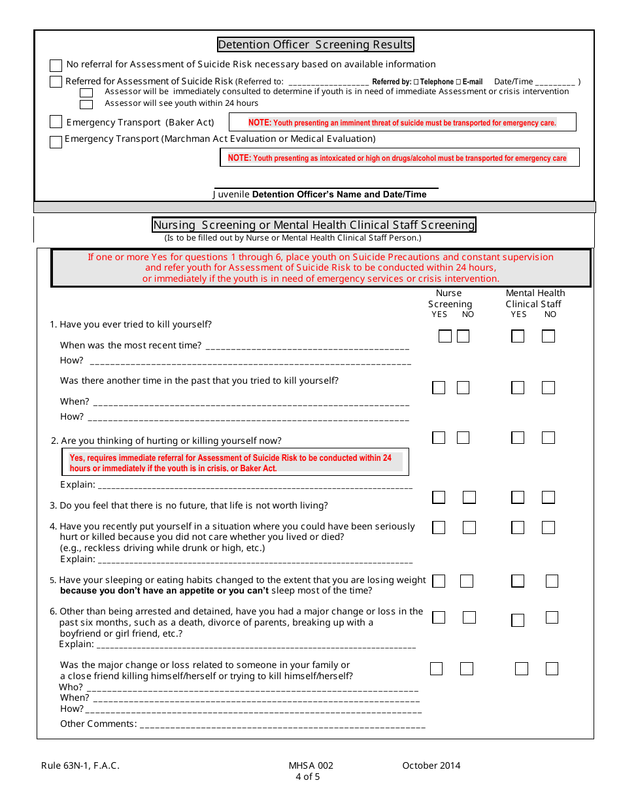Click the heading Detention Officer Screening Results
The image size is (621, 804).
(315, 44)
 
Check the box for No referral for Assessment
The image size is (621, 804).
(56, 65)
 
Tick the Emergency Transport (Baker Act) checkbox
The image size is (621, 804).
(56, 122)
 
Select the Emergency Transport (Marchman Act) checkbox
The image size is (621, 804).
(56, 141)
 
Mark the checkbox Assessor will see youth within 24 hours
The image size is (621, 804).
(86, 104)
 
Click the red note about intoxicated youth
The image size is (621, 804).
(397, 158)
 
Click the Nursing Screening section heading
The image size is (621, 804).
(314, 225)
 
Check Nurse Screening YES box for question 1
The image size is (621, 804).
(445, 337)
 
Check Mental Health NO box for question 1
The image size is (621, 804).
(548, 337)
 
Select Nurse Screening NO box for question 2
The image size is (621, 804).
(463, 437)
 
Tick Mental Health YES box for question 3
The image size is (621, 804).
(518, 497)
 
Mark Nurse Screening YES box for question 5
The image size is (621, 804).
(439, 581)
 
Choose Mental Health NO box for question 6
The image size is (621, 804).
(552, 618)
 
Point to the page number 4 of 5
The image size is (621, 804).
(307, 777)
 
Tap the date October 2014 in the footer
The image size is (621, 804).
(431, 766)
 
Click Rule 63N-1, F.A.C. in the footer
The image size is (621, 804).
(80, 766)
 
